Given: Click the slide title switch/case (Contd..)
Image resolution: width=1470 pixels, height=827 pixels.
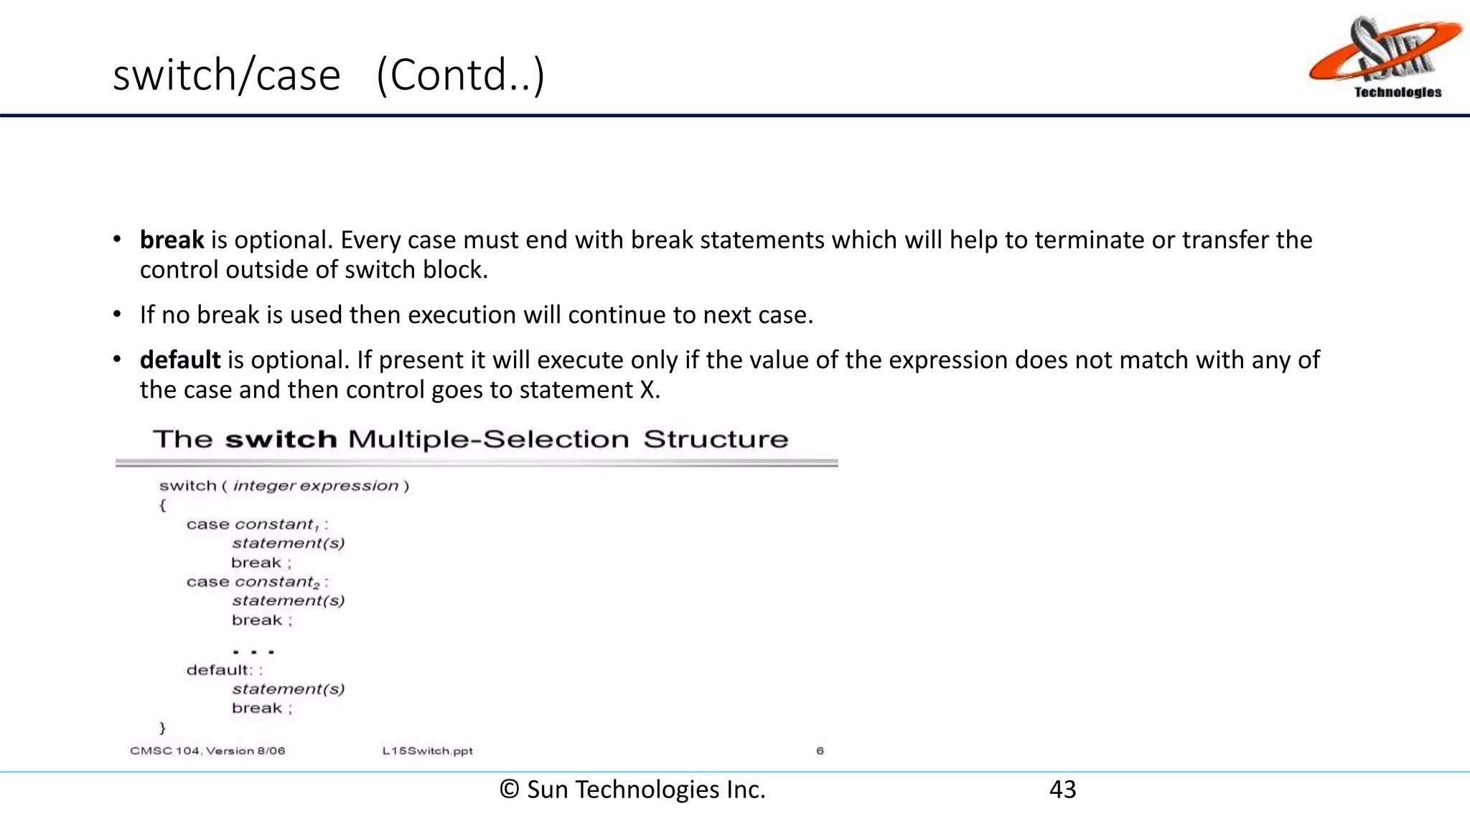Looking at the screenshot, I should pyautogui.click(x=329, y=75).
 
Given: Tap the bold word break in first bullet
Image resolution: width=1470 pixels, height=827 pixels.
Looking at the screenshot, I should pyautogui.click(x=172, y=240).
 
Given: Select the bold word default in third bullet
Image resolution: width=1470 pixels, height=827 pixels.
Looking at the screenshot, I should pyautogui.click(x=180, y=360).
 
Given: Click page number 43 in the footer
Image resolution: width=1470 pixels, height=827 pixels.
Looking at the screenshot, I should pyautogui.click(x=1062, y=790).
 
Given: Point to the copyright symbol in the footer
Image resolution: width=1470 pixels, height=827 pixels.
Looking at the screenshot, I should pyautogui.click(x=510, y=790).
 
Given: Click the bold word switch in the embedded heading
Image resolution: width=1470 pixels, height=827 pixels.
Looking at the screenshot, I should pyautogui.click(x=281, y=439).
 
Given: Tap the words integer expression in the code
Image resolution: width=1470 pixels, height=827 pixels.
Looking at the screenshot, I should pyautogui.click(x=315, y=486).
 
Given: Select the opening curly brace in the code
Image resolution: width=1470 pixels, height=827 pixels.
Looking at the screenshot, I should pyautogui.click(x=163, y=505).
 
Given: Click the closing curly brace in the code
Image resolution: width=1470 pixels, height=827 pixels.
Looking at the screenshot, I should pyautogui.click(x=163, y=728).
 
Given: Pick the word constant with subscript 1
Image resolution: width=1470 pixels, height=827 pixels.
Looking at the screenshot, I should pyautogui.click(x=276, y=525).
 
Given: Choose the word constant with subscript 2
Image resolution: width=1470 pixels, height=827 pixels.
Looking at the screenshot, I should pyautogui.click(x=276, y=582).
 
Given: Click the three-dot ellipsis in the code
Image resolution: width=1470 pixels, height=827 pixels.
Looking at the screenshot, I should pyautogui.click(x=253, y=652).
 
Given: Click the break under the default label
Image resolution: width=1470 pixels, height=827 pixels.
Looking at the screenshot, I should pyautogui.click(x=257, y=709).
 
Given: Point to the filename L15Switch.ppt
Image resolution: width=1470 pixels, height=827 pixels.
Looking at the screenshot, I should pyautogui.click(x=428, y=751).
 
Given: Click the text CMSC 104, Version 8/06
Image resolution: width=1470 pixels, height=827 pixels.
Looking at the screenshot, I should pyautogui.click(x=207, y=751).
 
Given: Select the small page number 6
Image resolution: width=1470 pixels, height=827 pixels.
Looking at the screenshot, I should pyautogui.click(x=820, y=751).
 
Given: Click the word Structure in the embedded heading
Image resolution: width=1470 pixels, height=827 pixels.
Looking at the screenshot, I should pyautogui.click(x=716, y=439).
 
